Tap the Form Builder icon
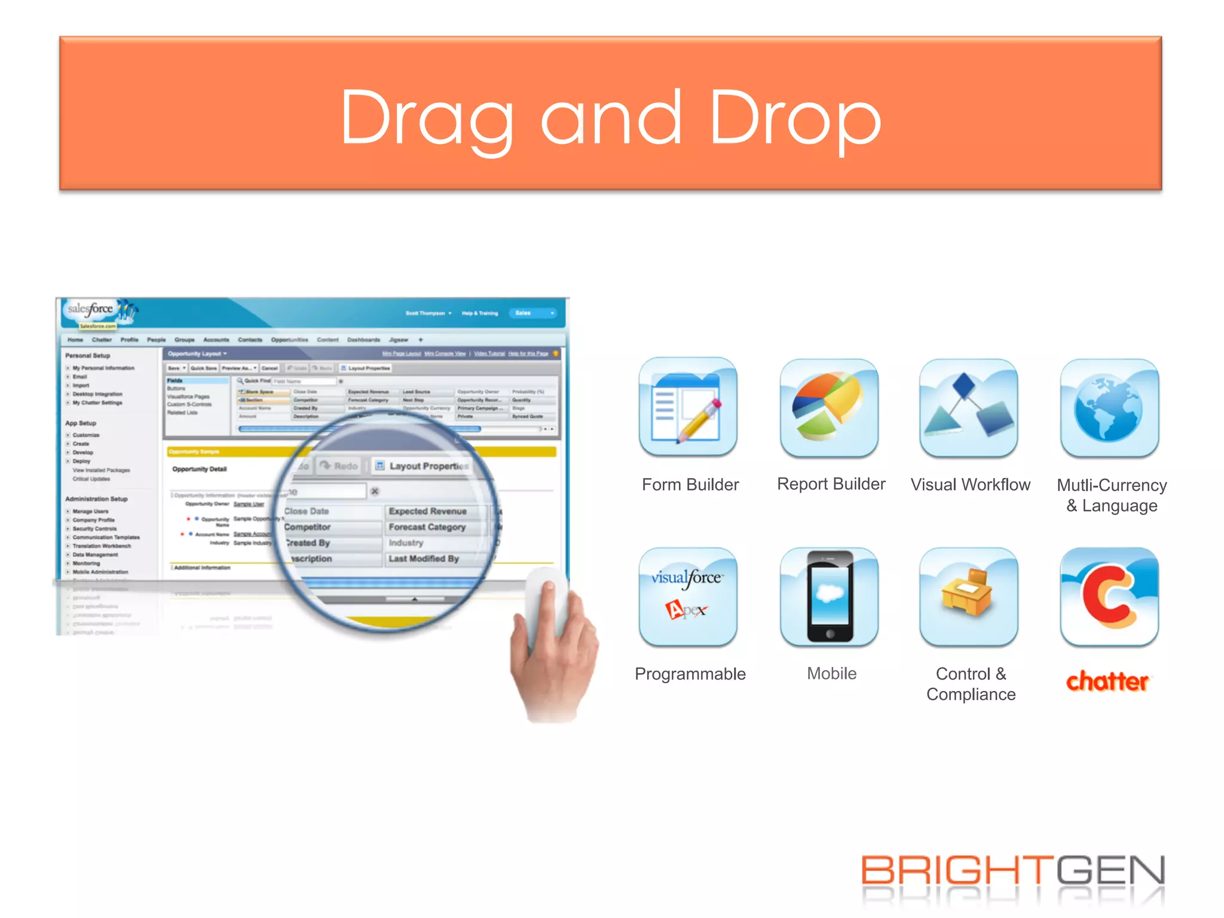coord(688,407)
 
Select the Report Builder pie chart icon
coord(829,407)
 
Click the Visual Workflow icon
coord(969,407)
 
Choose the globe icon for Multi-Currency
coord(1109,407)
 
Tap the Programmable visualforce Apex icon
coord(688,596)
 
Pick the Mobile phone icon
coord(829,596)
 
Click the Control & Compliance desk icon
coord(969,596)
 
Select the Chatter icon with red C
coord(1109,596)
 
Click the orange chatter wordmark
coord(1107,681)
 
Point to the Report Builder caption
coord(831,484)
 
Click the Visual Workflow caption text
coord(970,485)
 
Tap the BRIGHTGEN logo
coord(1013,871)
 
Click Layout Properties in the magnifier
coord(428,466)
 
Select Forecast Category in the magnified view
coord(427,527)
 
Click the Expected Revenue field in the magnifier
coord(427,512)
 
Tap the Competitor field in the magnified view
coord(307,527)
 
